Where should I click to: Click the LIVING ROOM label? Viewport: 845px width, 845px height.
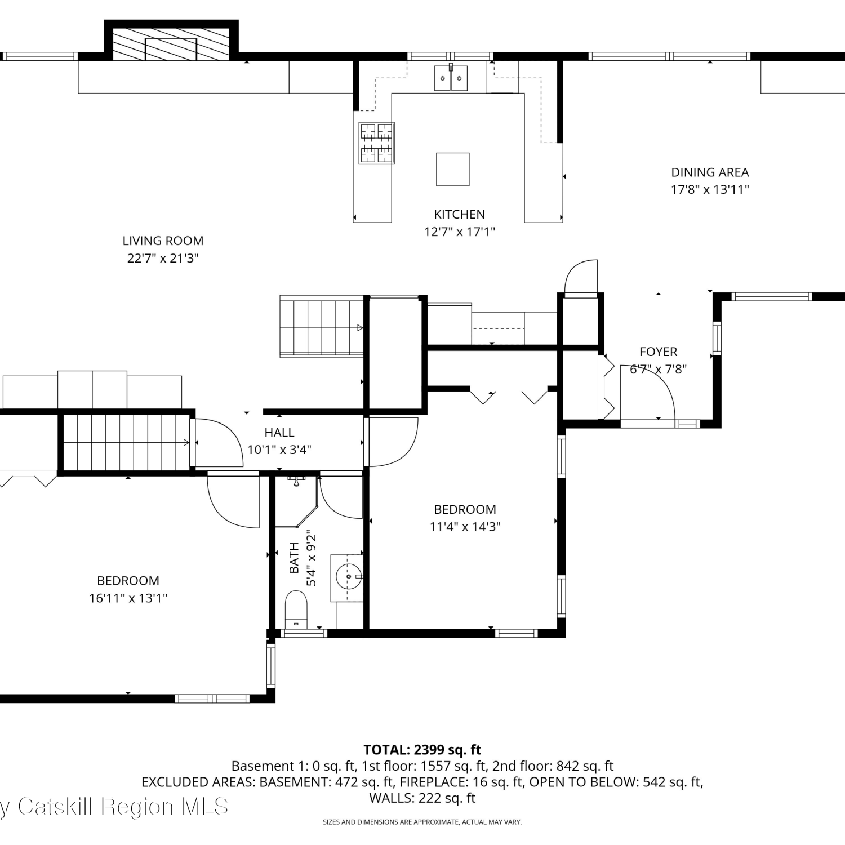pyautogui.click(x=163, y=241)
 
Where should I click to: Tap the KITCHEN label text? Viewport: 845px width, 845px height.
pyautogui.click(x=459, y=214)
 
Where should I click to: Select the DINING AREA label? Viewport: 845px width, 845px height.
pyautogui.click(x=710, y=172)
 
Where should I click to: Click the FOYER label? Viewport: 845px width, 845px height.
pyautogui.click(x=658, y=352)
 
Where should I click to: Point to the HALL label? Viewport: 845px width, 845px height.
pyautogui.click(x=279, y=432)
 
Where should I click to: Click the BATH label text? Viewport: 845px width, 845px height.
pyautogui.click(x=294, y=558)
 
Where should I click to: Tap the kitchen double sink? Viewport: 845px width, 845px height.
pyautogui.click(x=451, y=78)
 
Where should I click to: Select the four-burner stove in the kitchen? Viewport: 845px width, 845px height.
pyautogui.click(x=376, y=143)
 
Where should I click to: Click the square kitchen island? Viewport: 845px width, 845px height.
pyautogui.click(x=452, y=169)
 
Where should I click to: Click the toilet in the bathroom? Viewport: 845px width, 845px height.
pyautogui.click(x=296, y=610)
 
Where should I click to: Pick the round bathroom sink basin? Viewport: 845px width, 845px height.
pyautogui.click(x=349, y=577)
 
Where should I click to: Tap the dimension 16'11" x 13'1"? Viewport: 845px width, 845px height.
pyautogui.click(x=128, y=598)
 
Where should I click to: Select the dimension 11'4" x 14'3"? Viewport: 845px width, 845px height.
pyautogui.click(x=465, y=526)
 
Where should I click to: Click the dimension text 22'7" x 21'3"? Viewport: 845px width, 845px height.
pyautogui.click(x=163, y=258)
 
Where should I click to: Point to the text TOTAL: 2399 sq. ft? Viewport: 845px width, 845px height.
pyautogui.click(x=422, y=750)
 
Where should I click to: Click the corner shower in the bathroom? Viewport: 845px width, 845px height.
pyautogui.click(x=296, y=501)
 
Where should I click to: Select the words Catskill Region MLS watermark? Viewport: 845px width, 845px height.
pyautogui.click(x=123, y=807)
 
